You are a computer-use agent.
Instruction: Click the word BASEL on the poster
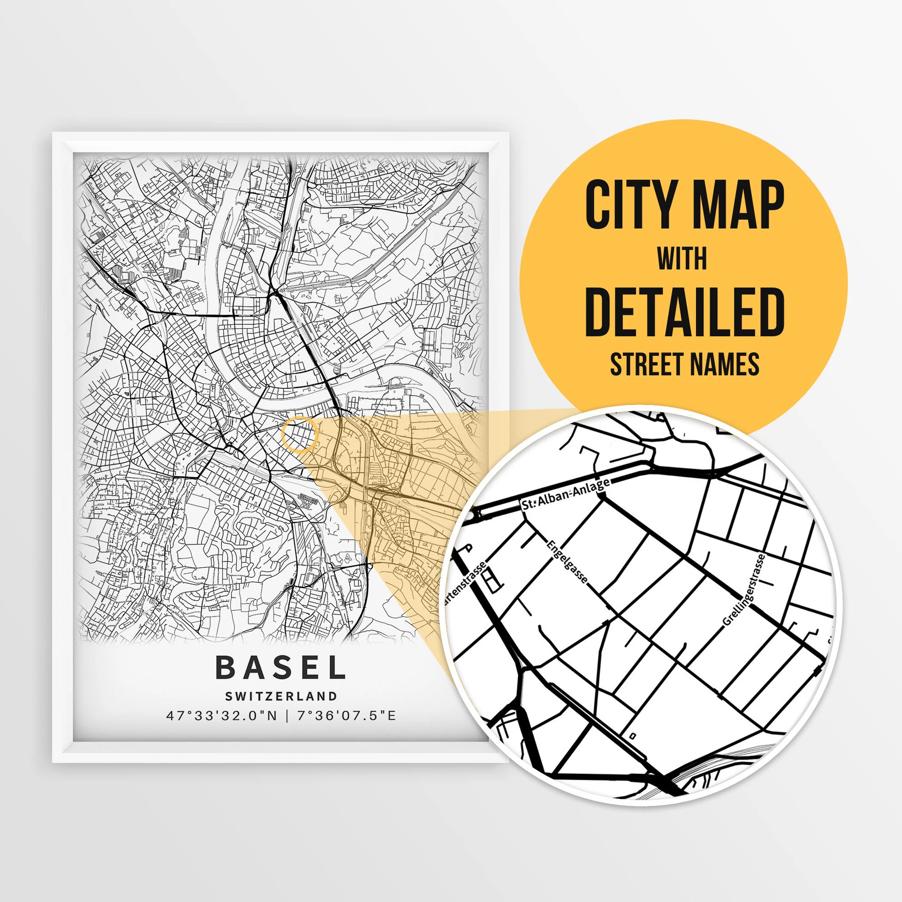(x=281, y=668)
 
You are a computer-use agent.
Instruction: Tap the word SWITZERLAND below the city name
(x=281, y=696)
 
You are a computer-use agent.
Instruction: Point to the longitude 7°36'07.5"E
(x=346, y=715)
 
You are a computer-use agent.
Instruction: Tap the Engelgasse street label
(x=567, y=561)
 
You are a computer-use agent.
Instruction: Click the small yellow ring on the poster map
(x=300, y=435)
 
